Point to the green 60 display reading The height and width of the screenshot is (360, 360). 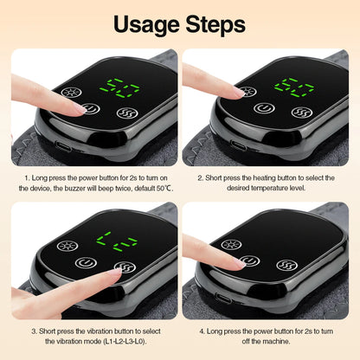[294, 87]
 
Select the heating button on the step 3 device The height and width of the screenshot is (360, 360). [66, 245]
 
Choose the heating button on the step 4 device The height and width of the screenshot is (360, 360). [231, 245]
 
